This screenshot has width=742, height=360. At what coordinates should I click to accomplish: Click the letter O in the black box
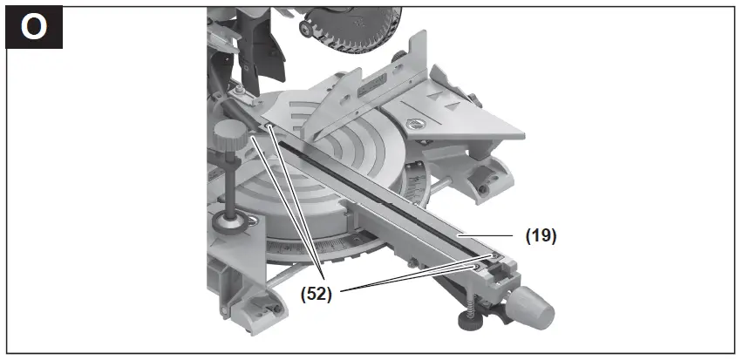[x=34, y=27]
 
